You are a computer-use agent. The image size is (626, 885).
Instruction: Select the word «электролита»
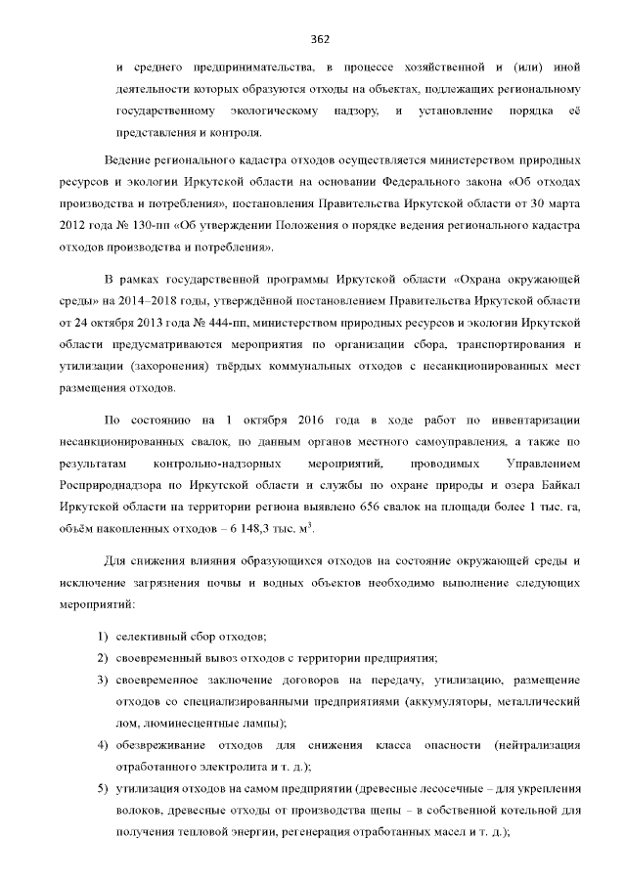tap(223, 768)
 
